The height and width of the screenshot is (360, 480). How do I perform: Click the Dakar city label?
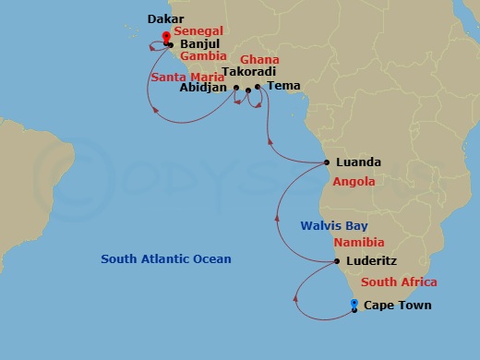[x=164, y=18]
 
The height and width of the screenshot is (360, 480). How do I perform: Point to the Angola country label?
[x=354, y=182]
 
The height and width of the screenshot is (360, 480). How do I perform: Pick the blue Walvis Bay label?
[x=332, y=224]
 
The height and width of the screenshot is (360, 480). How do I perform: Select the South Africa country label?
[x=399, y=282]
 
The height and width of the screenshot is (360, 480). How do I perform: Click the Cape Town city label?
[x=397, y=306]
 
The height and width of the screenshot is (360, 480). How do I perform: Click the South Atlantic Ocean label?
[x=166, y=259]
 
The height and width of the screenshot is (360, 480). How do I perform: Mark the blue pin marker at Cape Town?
[x=354, y=303]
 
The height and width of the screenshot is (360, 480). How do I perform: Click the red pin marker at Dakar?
[x=166, y=37]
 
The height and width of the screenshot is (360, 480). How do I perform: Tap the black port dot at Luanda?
[x=329, y=163]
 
